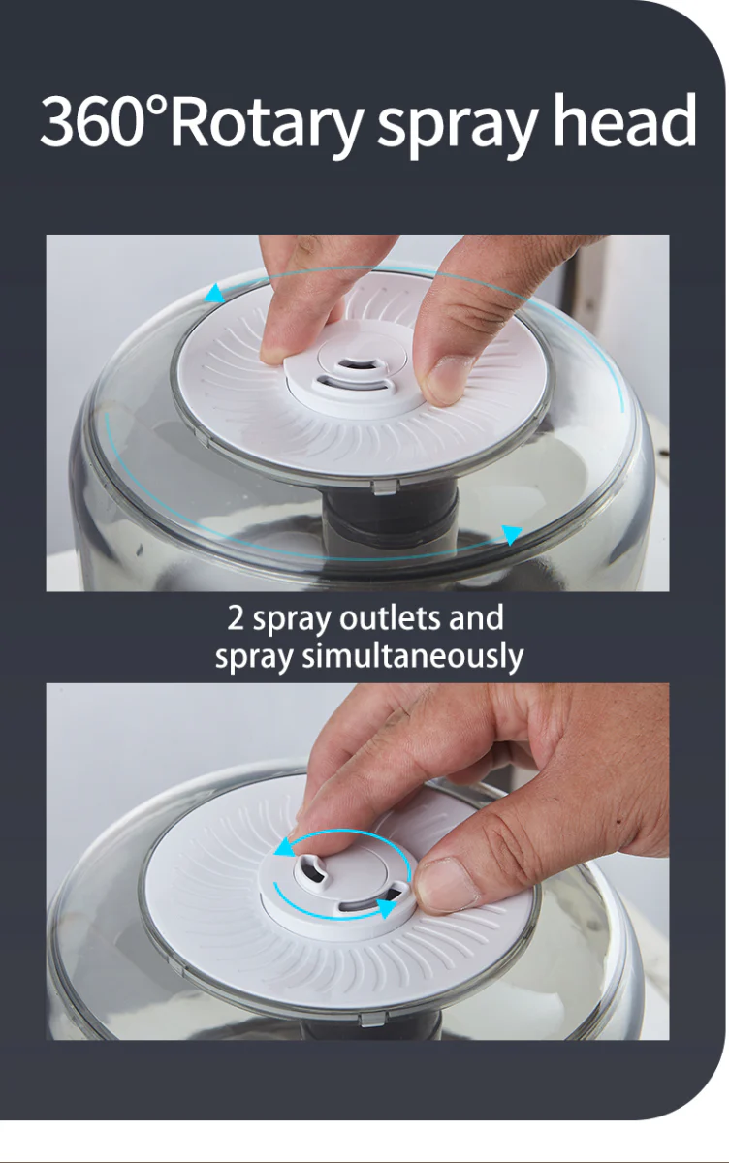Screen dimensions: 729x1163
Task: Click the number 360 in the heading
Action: (x=93, y=120)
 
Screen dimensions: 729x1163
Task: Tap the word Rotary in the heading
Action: (x=266, y=126)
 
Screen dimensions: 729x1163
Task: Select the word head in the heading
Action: (x=624, y=120)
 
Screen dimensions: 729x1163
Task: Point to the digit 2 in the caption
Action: (x=236, y=618)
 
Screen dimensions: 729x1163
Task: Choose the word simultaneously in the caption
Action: (x=413, y=657)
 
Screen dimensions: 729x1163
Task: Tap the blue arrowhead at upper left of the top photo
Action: (x=214, y=294)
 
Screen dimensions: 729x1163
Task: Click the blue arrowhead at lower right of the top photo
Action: (x=512, y=534)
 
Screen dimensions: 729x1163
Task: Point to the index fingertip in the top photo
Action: (x=273, y=351)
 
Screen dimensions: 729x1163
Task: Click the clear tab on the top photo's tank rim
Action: (x=385, y=487)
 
